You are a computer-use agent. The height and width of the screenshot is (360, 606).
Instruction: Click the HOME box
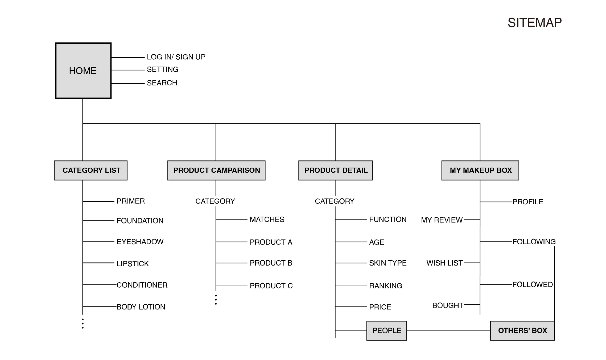point(83,71)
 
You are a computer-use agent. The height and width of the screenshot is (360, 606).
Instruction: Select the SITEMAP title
point(534,23)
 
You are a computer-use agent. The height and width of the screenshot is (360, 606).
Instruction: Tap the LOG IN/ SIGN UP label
point(176,57)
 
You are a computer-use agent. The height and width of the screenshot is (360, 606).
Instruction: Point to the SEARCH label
point(162,83)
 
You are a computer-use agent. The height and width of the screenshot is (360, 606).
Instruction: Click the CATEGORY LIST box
point(91,170)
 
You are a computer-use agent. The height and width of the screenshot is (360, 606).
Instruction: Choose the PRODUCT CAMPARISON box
point(216,170)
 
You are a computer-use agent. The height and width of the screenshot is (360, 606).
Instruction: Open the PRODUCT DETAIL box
point(335,170)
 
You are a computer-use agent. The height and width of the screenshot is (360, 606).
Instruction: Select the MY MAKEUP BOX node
point(480,170)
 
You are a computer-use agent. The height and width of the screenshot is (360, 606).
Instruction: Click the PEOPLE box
point(387,331)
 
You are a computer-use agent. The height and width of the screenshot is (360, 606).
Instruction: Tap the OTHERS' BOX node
point(522,331)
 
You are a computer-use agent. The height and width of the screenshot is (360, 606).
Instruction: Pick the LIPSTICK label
point(133,264)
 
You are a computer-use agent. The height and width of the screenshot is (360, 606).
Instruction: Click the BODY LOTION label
point(141,307)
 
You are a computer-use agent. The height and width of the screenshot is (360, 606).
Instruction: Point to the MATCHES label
point(267,220)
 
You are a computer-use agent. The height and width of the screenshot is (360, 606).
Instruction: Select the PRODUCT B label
point(271,263)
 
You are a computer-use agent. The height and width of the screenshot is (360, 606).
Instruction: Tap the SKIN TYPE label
point(388,263)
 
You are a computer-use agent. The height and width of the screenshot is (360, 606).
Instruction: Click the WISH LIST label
point(444,263)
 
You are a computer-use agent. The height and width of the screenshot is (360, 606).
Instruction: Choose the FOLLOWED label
point(533,284)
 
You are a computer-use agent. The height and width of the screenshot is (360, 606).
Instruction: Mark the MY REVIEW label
point(442,220)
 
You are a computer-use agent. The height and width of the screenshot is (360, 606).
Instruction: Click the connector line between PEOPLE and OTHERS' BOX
point(448,331)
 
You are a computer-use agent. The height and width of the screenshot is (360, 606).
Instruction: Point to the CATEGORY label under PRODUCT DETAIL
point(335,201)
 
